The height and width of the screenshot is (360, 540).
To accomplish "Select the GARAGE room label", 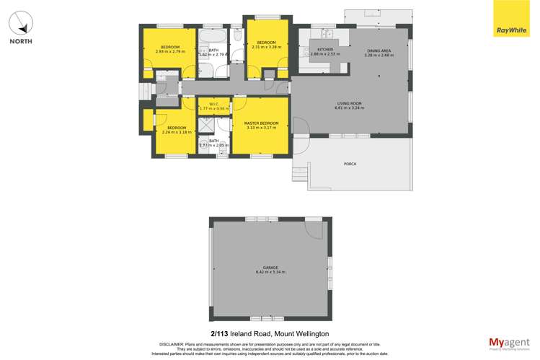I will [270, 268].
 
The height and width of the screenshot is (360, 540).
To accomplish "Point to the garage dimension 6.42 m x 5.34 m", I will [270, 272].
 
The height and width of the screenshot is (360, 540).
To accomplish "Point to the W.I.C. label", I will [214, 104].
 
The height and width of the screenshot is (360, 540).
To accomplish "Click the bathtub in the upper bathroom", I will [213, 36].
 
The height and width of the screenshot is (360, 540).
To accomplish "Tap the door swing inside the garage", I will [313, 230].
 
